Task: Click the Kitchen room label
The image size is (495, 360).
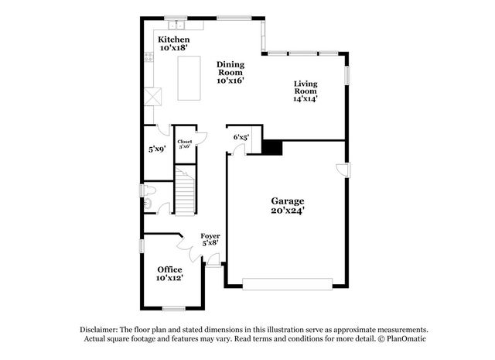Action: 173,39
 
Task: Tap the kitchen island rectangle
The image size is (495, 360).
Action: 189,78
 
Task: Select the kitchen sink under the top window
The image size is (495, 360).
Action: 176,25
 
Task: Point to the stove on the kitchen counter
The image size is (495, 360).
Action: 148,57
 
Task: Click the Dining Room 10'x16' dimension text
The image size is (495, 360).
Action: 230,81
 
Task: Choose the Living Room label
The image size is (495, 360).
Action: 306,87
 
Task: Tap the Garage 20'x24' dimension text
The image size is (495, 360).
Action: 288,210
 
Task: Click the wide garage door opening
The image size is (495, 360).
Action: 287,284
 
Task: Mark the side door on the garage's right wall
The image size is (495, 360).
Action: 343,170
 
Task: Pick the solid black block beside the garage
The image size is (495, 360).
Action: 272,148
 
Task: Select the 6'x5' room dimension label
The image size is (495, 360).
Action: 241,137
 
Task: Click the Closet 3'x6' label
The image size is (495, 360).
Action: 185,144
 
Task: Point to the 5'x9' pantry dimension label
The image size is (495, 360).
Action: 157,149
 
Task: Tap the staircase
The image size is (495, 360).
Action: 185,190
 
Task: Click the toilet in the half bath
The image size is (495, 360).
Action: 149,190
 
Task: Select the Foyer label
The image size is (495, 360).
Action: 210,236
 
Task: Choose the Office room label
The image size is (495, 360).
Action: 170,269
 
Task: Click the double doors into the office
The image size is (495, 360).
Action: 189,248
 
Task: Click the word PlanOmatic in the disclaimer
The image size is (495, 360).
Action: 406,339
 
